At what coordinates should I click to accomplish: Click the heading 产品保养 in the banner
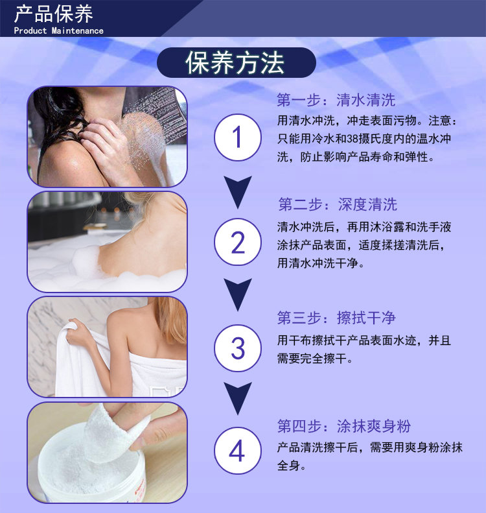[54, 14]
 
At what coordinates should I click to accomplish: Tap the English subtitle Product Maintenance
[58, 30]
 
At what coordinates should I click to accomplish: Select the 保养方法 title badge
[237, 62]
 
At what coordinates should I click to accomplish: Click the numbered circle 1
[238, 137]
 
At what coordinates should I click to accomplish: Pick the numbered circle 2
[238, 242]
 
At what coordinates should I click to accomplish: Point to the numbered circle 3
[238, 348]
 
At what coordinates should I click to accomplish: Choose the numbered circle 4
[238, 451]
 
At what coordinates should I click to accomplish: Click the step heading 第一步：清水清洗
[336, 100]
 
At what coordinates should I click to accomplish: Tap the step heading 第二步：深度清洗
[338, 204]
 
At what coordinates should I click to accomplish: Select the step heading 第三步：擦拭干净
[336, 318]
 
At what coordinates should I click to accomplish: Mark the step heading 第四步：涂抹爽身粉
[344, 426]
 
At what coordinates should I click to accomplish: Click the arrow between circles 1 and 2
[238, 192]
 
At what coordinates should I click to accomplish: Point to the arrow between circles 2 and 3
[238, 294]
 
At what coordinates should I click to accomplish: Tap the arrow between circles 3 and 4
[238, 398]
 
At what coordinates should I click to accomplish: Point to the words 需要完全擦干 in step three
[312, 359]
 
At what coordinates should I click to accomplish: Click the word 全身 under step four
[288, 465]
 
